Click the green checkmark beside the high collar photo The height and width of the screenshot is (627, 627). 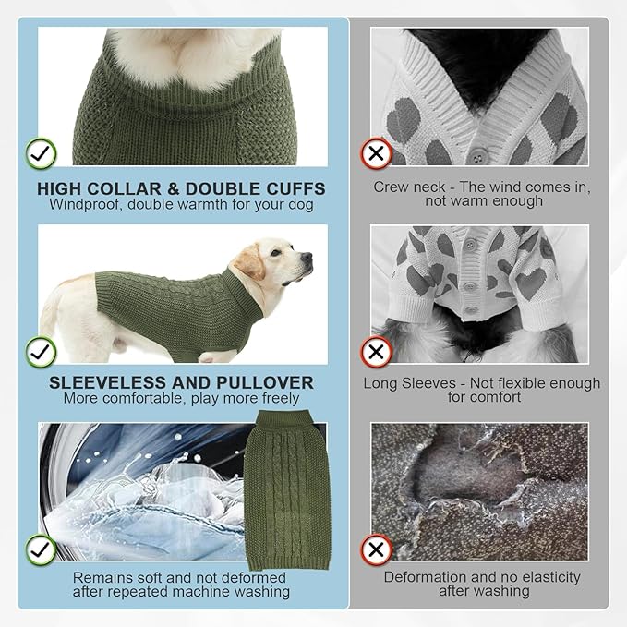point(42,153)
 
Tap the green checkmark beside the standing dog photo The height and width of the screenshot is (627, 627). point(42,352)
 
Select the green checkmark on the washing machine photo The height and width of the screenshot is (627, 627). point(42,549)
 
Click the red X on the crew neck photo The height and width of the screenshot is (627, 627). point(376,153)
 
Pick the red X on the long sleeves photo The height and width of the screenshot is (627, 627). point(376,352)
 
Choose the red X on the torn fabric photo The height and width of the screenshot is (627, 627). point(376,549)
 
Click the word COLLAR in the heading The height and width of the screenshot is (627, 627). point(124,189)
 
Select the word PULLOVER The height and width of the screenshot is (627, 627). point(265,383)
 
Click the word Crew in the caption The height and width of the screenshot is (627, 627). point(389,187)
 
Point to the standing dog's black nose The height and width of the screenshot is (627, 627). point(307,257)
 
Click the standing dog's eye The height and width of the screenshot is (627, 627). point(275,253)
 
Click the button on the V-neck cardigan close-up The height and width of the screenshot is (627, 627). point(477,153)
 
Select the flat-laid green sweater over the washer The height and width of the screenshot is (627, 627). point(286,490)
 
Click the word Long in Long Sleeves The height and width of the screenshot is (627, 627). point(380,383)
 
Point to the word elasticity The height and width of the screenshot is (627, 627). point(551,578)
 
